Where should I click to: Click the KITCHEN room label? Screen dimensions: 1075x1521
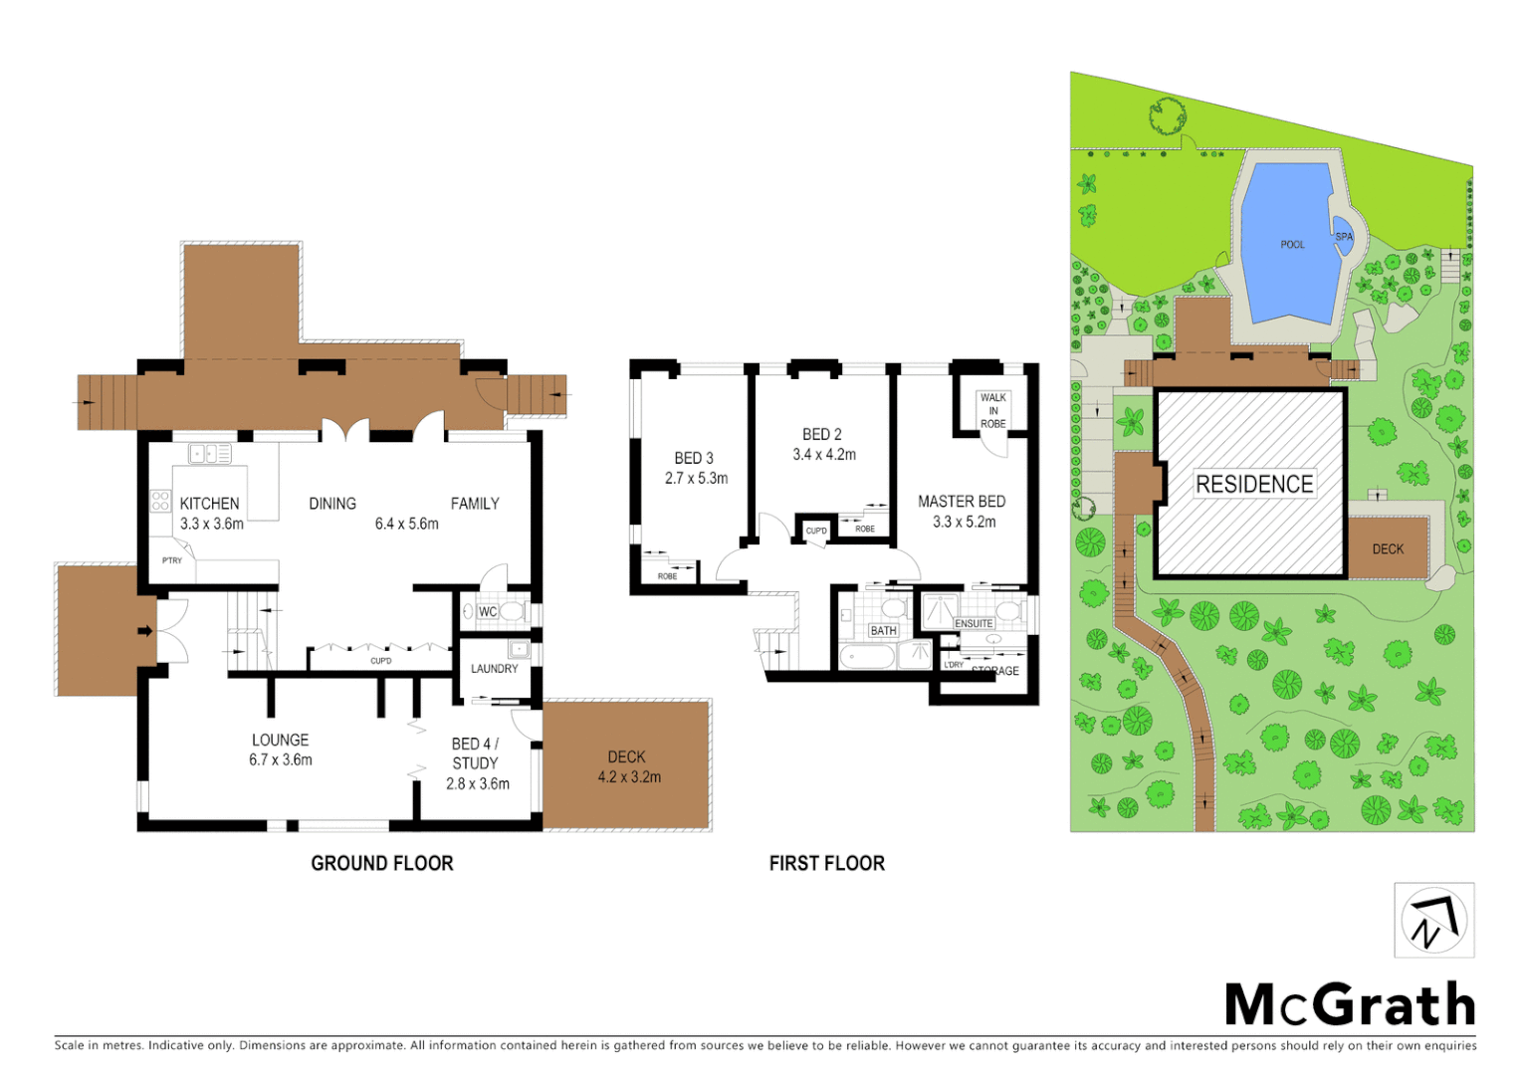pos(210,504)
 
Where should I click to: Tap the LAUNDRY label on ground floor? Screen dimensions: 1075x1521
pos(495,669)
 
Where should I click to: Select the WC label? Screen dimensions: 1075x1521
pos(488,612)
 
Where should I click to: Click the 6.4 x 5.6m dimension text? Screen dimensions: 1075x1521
pos(406,525)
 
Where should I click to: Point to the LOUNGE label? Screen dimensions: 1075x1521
pos(280,741)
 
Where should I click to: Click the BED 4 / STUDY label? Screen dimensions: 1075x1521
pos(475,753)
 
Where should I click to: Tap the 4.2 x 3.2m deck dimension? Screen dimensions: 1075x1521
pos(629,777)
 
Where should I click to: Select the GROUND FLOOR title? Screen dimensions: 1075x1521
pos(382,864)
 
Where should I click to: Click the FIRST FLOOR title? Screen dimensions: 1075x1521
pos(826,864)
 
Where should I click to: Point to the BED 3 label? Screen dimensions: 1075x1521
pos(694,459)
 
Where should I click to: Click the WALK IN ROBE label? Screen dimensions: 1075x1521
pos(992,410)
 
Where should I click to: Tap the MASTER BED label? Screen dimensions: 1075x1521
pos(962,502)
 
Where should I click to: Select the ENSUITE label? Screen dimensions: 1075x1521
pos(974,624)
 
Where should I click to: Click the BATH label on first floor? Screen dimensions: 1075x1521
pos(883,631)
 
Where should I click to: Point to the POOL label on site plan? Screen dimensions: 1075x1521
pos(1292,245)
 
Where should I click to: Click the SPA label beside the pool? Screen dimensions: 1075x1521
pos(1344,237)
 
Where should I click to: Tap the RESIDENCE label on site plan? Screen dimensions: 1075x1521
pos(1254,485)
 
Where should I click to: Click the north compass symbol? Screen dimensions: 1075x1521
pos(1433,921)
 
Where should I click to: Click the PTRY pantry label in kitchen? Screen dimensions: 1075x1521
pos(172,561)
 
